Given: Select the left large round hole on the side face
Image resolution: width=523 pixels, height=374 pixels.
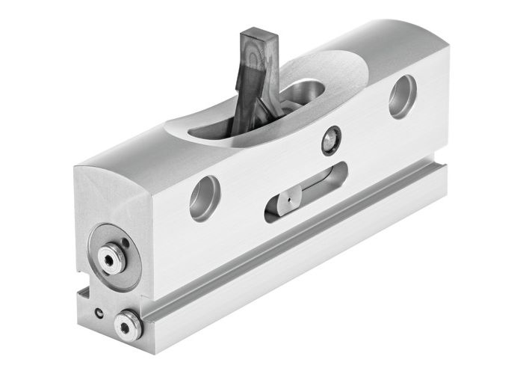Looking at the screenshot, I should pyautogui.click(x=204, y=197).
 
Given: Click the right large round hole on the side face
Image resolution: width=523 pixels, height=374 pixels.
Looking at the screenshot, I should pyautogui.click(x=402, y=96).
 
